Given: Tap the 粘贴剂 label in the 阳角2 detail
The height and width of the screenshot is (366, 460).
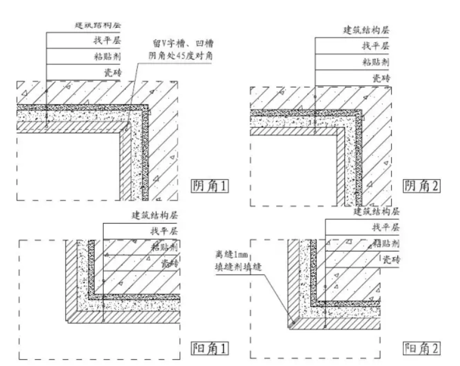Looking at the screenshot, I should tap(382, 243).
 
